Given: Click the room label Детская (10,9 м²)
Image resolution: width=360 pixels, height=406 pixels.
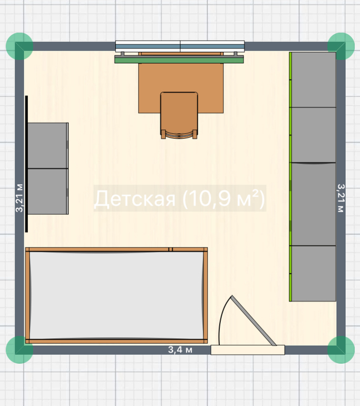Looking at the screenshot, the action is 180,198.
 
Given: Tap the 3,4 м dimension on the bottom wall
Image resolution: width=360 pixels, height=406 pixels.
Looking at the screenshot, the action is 180,350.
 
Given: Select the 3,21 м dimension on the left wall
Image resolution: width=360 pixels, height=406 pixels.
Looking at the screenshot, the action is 20,198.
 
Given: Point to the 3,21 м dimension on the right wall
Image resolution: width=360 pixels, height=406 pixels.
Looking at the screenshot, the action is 341,198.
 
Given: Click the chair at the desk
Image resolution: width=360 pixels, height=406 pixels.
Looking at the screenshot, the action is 179,115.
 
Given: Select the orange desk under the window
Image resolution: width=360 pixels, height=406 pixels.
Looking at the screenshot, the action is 181,83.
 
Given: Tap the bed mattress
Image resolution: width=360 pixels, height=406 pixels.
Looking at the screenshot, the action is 116,295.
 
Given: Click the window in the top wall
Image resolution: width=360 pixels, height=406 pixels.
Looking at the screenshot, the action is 180,46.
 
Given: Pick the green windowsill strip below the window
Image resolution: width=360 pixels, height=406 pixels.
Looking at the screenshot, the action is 179,60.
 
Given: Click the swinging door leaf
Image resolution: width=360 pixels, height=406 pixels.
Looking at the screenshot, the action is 254,321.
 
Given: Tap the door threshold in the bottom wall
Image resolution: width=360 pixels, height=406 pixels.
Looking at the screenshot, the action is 248,350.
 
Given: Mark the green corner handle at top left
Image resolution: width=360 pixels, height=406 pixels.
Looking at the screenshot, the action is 20,46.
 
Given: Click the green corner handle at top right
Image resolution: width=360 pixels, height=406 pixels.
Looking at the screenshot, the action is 341,46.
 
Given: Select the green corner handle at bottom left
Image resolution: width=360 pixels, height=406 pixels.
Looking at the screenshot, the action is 20,350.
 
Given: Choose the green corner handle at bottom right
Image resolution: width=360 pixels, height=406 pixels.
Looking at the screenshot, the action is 341,350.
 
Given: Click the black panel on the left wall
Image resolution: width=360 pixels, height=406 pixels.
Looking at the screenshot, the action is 26,164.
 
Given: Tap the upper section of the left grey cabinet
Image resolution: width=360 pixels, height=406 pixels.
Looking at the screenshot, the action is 48,146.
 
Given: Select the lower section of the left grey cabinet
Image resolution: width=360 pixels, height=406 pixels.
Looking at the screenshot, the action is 48,191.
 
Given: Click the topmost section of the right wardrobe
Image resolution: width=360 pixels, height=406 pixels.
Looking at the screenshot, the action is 313,80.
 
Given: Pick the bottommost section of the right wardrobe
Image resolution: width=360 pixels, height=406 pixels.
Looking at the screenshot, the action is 313,274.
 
